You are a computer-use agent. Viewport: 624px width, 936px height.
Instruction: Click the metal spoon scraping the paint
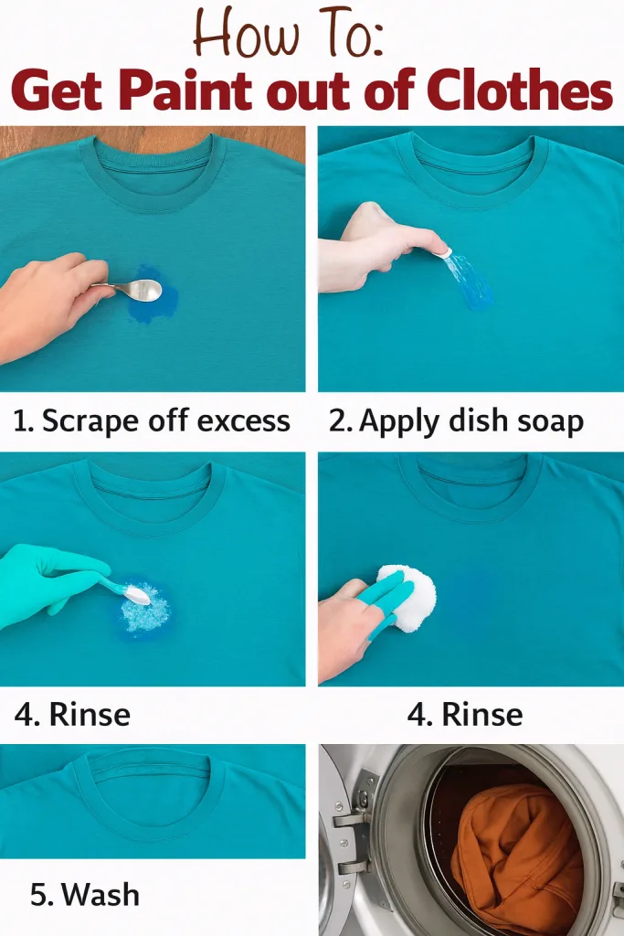pos(135,290)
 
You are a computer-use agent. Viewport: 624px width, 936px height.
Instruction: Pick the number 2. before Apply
pos(341,420)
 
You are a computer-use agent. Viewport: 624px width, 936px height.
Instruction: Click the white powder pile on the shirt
pos(145,610)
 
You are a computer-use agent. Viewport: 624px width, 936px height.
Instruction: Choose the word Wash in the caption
pos(100,894)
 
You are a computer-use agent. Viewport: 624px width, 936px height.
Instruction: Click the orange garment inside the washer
pos(516,859)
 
